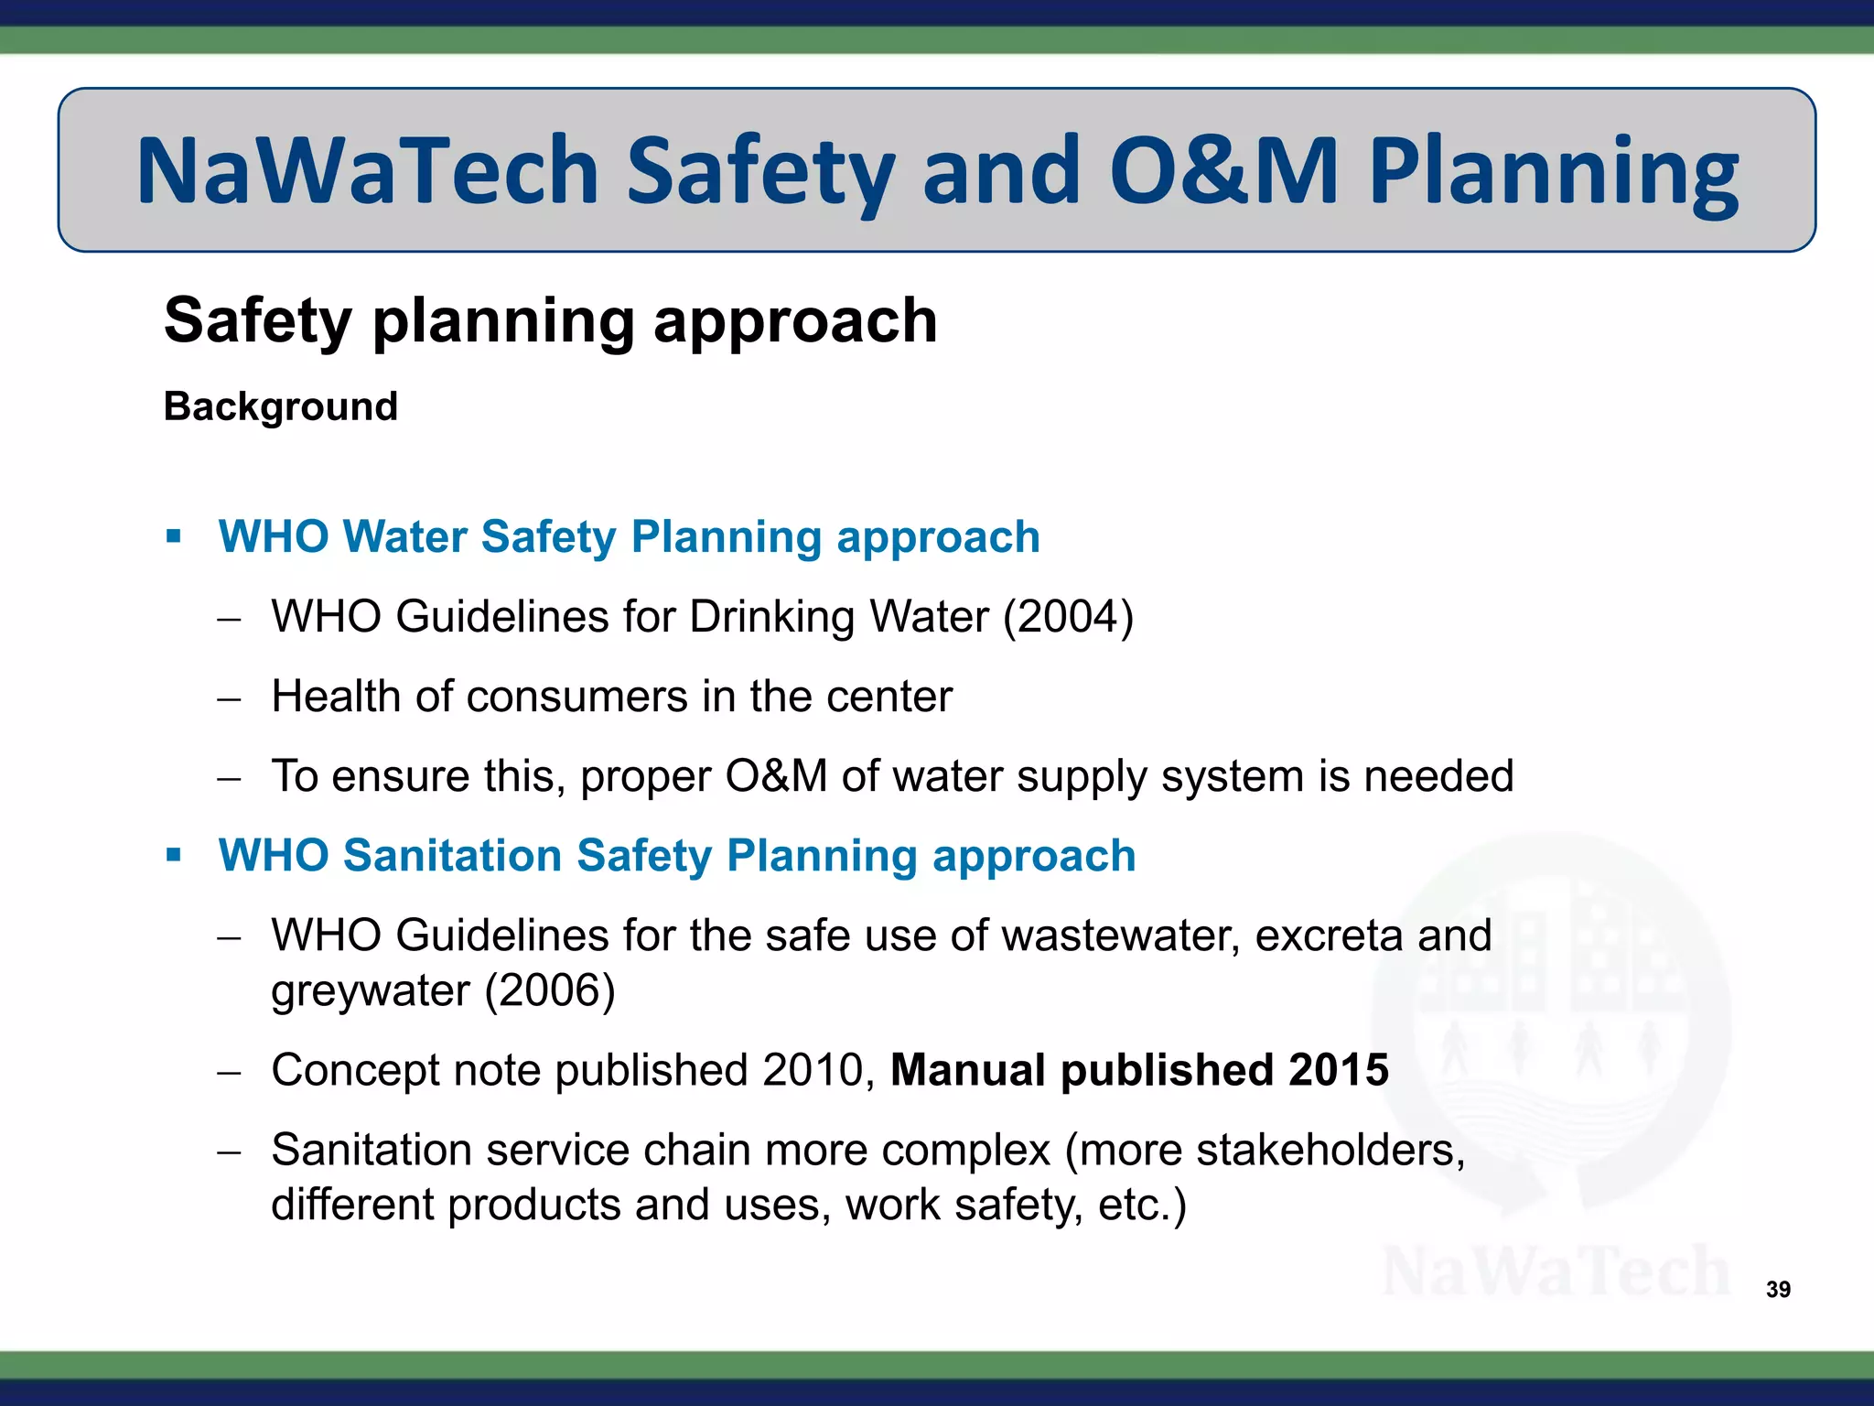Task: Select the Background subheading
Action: [281, 406]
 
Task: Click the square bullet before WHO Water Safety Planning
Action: [174, 535]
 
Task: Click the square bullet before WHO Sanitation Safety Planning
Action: [174, 855]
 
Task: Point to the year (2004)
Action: [1068, 617]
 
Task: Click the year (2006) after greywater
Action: [549, 990]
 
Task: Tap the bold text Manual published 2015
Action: [1139, 1070]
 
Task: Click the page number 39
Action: [1778, 1289]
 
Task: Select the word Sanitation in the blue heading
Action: [452, 856]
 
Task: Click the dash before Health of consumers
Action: [229, 699]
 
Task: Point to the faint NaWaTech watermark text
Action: [1556, 1272]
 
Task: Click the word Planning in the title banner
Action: [1553, 170]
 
